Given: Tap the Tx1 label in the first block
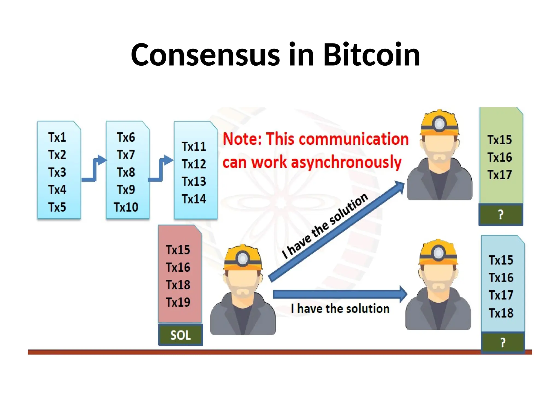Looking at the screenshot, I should (x=57, y=137).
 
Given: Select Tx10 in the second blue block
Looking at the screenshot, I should (x=126, y=207).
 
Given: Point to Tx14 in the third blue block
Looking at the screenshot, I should (x=194, y=199).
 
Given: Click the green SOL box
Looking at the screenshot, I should (x=180, y=335).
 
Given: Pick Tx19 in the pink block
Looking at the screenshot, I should (x=178, y=302).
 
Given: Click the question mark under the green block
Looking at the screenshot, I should (x=501, y=215).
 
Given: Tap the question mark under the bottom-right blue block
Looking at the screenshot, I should (x=503, y=343).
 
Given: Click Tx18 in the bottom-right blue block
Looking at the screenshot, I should (x=501, y=313).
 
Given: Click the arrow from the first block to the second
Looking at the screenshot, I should (x=94, y=170).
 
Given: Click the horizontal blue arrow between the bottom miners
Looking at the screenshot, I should (x=339, y=294).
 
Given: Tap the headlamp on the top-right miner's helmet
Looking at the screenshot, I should (x=439, y=124).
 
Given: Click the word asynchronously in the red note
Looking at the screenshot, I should (x=346, y=162).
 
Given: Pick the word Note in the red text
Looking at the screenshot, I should (x=242, y=139).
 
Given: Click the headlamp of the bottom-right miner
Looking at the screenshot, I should (x=439, y=253).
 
